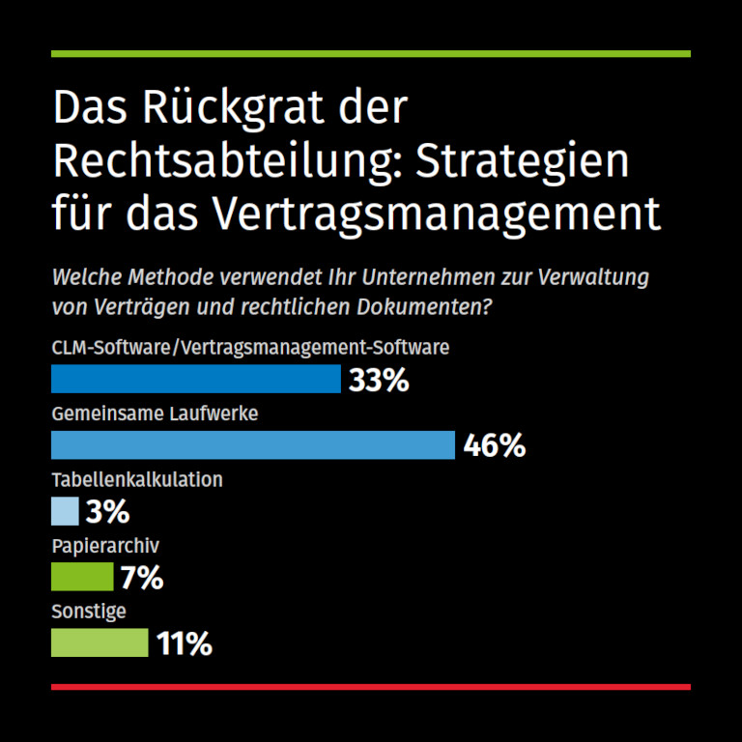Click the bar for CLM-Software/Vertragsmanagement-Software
(x=195, y=379)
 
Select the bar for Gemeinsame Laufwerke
(x=252, y=444)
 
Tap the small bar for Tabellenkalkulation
(x=65, y=510)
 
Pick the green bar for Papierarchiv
(x=82, y=577)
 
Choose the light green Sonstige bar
(x=100, y=642)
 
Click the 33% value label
(x=379, y=380)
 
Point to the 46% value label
(x=494, y=445)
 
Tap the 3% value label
(x=107, y=511)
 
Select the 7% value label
(x=142, y=578)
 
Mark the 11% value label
(x=184, y=643)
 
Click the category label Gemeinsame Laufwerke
(x=155, y=414)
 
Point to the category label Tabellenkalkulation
(x=137, y=479)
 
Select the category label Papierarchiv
(x=105, y=546)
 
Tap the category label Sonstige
(x=89, y=612)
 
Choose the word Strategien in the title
(x=522, y=160)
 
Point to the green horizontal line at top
(x=371, y=54)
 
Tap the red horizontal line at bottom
(x=371, y=687)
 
